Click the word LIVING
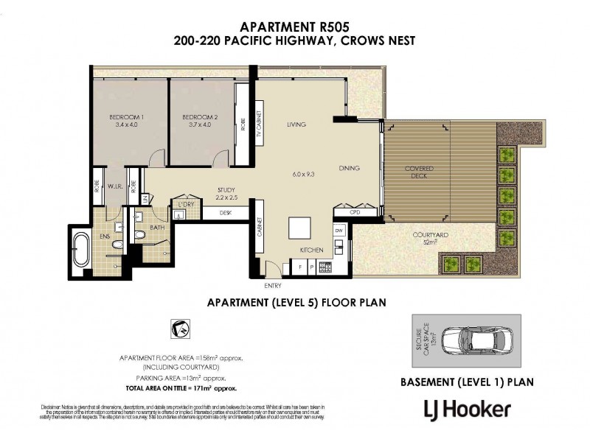[296, 124]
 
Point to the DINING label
[349, 168]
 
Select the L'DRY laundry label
[183, 203]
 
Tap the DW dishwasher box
[339, 231]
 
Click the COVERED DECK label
[419, 173]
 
